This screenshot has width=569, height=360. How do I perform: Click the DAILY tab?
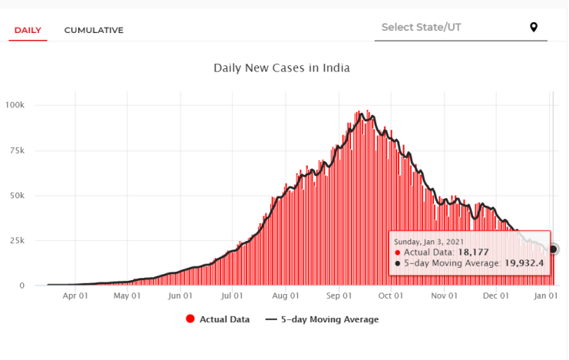28,30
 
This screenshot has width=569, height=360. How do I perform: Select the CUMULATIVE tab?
94,30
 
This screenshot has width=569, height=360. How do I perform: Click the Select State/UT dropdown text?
422,28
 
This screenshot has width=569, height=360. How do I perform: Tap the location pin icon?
534,28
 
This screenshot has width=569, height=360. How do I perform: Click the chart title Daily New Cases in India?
282,68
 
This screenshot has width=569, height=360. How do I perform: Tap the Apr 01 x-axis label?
74,295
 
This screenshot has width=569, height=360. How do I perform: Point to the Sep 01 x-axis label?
339,295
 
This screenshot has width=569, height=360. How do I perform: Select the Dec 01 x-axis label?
496,295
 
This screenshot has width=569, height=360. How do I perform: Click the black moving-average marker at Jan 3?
553,249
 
